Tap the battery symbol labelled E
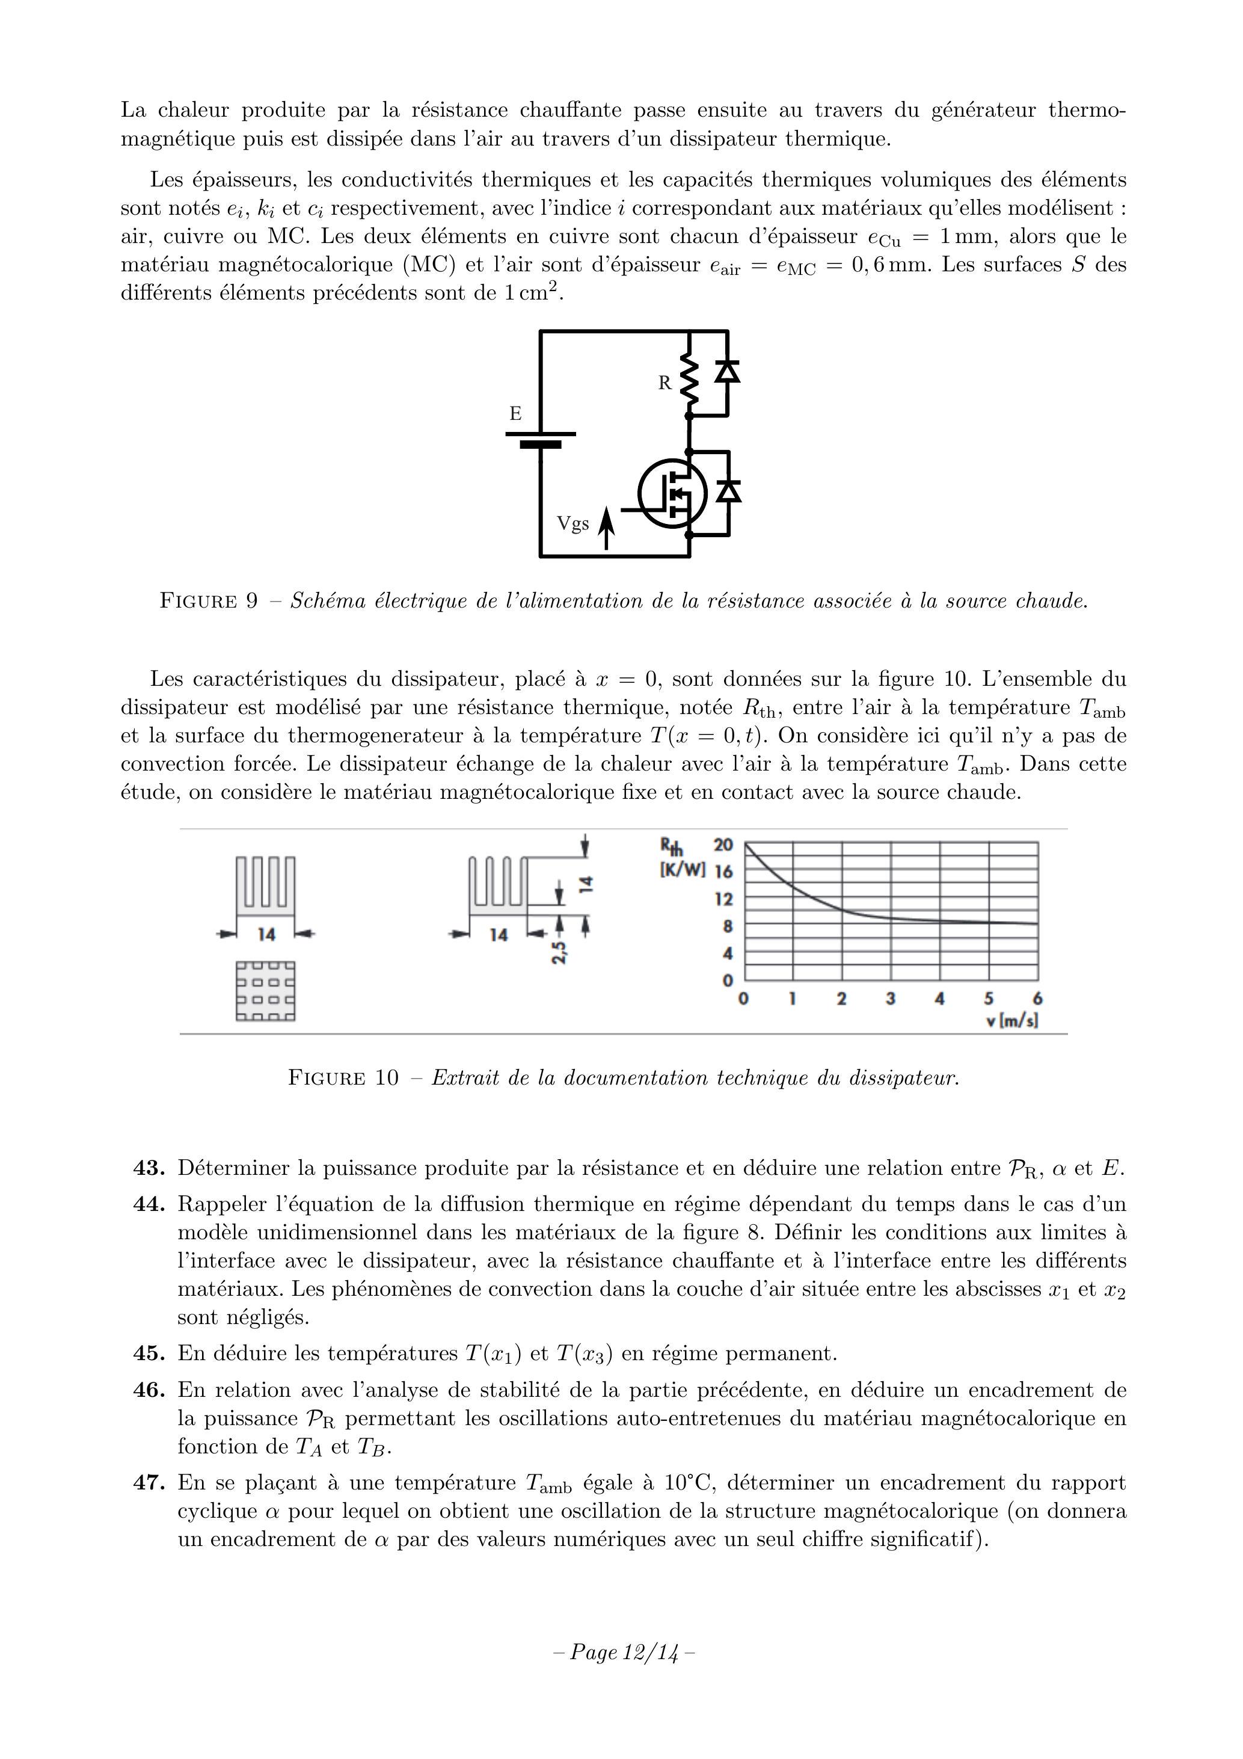click(540, 438)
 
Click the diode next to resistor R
click(727, 372)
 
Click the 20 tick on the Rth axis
click(723, 845)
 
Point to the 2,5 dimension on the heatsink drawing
click(560, 952)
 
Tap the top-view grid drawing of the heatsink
click(265, 991)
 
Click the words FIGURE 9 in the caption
click(208, 600)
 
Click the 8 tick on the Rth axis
click(728, 926)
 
